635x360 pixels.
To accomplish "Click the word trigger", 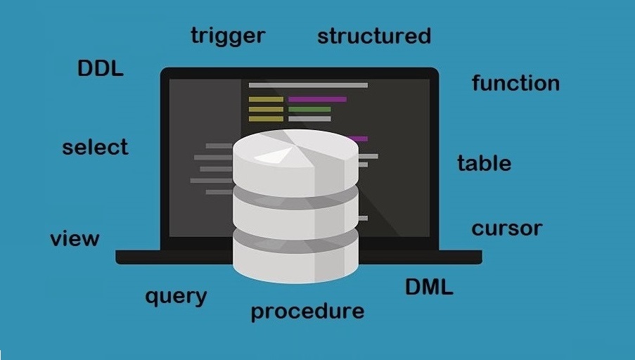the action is (228, 37).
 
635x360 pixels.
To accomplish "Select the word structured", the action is (374, 36).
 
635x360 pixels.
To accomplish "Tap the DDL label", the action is (101, 68).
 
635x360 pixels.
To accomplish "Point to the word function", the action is (516, 83).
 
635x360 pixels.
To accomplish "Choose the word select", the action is (95, 146).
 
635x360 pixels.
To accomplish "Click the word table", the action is (485, 163).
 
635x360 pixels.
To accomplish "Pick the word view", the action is (75, 238).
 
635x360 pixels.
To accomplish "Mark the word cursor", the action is (507, 229).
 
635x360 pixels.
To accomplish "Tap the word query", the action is (177, 297).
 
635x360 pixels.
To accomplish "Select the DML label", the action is (429, 287).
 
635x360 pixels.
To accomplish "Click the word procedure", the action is (308, 311).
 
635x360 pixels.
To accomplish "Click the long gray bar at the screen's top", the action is (308, 85).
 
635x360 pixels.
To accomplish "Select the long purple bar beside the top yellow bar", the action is (318, 99).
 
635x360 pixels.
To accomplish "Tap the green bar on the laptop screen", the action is (309, 110).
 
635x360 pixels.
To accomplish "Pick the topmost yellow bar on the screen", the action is (266, 99).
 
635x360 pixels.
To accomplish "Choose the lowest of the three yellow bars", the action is (266, 119).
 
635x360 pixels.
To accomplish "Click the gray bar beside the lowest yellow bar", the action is (309, 119).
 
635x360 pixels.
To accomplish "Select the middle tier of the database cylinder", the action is (295, 217).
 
